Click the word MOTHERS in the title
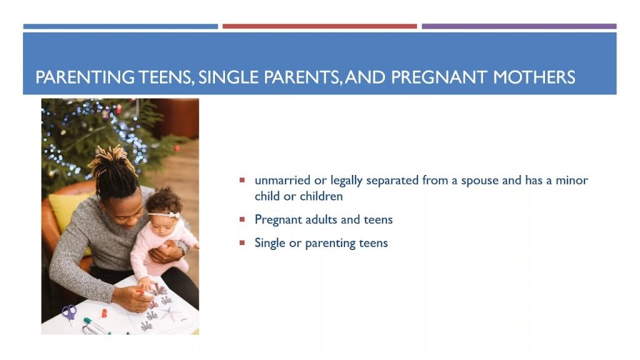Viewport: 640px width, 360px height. [x=534, y=77]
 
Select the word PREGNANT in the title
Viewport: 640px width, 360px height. [x=439, y=77]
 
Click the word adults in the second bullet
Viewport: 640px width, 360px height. [x=321, y=219]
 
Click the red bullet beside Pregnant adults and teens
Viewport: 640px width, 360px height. [x=242, y=219]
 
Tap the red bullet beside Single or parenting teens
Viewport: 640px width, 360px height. [x=242, y=243]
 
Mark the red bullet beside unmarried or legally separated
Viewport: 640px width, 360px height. [x=242, y=180]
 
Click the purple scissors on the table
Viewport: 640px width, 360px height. [x=70, y=314]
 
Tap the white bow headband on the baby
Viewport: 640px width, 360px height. [x=169, y=215]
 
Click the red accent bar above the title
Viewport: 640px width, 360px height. [x=319, y=26]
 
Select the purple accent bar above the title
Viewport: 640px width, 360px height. [x=519, y=26]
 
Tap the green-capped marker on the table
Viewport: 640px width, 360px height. [x=96, y=326]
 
